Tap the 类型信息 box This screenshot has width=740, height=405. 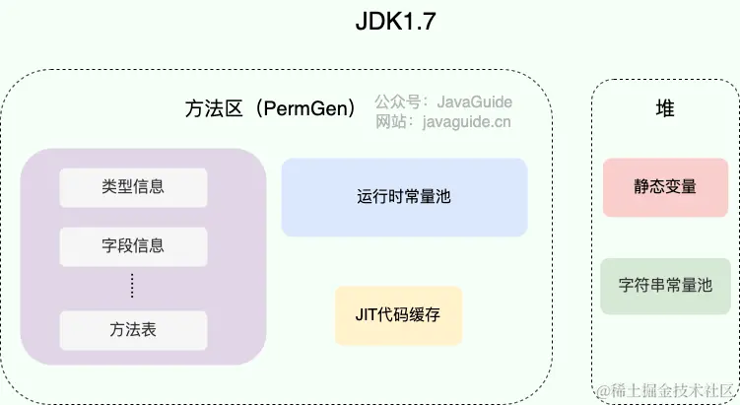point(133,187)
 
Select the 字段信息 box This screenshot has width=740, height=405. point(133,246)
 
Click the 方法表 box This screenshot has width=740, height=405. point(133,330)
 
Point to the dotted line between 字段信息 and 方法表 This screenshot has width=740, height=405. point(133,287)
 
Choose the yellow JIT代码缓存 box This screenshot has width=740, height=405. point(398,315)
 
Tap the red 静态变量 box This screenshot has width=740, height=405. point(665,186)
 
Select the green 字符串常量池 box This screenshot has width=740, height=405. point(665,286)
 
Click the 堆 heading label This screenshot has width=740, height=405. point(665,109)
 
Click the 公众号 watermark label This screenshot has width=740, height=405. point(398,101)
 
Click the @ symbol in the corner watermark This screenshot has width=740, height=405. point(605,390)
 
